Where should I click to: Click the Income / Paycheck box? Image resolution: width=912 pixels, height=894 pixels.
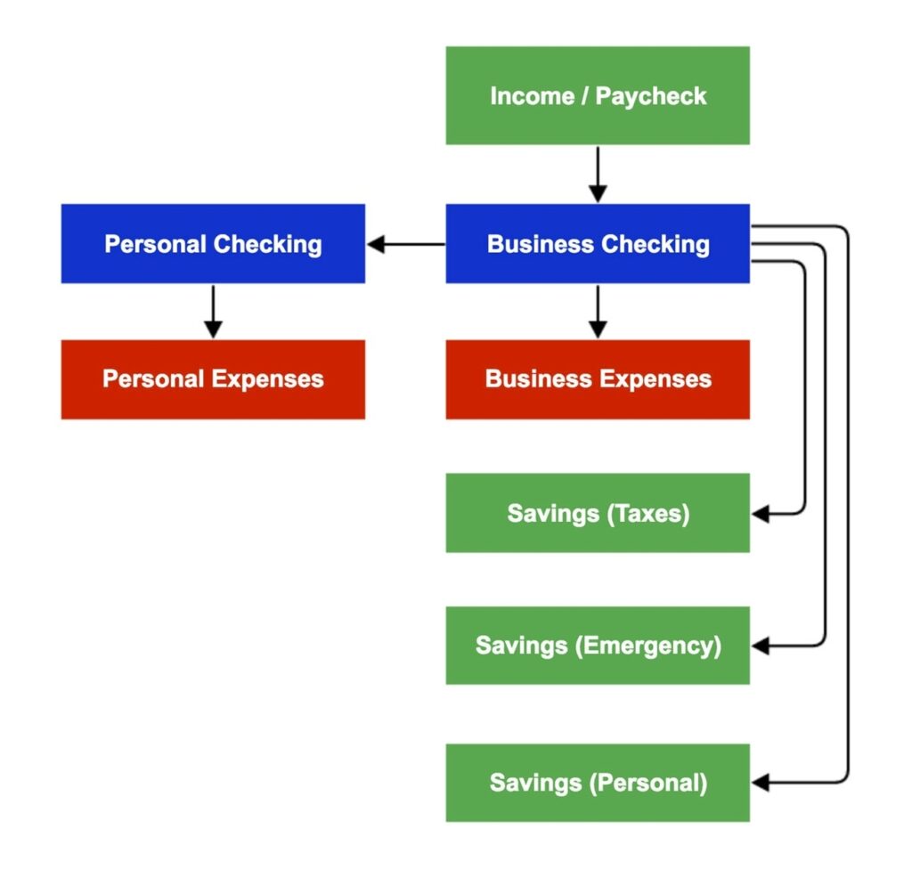click(x=598, y=95)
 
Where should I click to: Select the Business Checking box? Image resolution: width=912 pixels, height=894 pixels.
click(x=598, y=243)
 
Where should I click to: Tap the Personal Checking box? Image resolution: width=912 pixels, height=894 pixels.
click(x=213, y=243)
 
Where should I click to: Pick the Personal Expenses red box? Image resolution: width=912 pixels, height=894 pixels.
click(x=213, y=378)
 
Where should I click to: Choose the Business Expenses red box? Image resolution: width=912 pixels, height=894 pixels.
click(x=598, y=378)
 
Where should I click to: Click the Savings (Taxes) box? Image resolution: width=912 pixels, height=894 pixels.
click(x=598, y=513)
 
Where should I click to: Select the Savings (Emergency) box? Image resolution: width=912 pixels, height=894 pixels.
click(x=598, y=645)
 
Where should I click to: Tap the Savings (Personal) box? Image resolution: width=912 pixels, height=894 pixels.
click(x=598, y=782)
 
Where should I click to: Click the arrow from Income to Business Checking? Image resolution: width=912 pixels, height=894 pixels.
click(x=598, y=174)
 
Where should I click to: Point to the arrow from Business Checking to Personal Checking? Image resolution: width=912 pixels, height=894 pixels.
click(x=406, y=243)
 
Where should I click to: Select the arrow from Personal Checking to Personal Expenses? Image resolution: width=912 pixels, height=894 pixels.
click(x=213, y=311)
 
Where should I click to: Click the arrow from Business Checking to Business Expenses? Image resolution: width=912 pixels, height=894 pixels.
click(x=598, y=311)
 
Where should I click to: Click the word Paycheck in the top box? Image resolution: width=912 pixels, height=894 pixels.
click(x=650, y=96)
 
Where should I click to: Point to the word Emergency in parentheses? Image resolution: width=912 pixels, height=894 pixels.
click(x=649, y=646)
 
